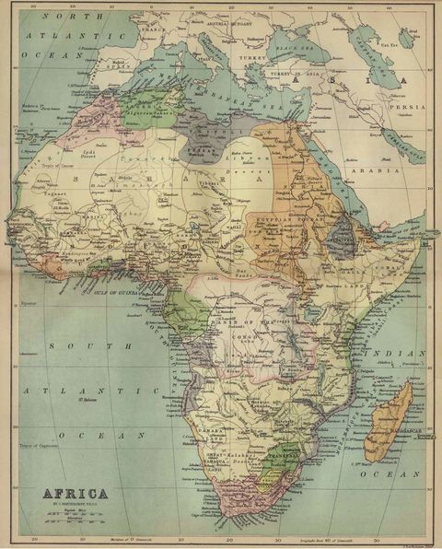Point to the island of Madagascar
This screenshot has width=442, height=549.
click(387, 415)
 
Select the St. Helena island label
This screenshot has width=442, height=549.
click(89, 399)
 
